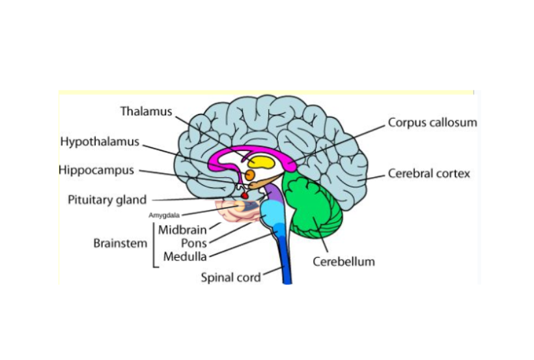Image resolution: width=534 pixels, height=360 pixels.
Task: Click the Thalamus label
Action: [146, 111]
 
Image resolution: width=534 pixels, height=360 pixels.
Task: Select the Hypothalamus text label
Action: [100, 141]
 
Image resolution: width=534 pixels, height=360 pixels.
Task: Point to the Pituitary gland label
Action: [107, 200]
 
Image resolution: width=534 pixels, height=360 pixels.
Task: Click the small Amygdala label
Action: [164, 215]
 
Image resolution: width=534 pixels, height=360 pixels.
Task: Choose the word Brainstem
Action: [120, 243]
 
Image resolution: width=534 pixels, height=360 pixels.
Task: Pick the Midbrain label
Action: [182, 230]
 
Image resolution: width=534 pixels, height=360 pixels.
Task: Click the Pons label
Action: [193, 243]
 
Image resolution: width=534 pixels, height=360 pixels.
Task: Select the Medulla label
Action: [185, 256]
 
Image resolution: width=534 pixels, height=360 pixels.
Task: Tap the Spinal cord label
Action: [231, 277]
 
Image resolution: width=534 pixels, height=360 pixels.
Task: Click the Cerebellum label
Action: [344, 262]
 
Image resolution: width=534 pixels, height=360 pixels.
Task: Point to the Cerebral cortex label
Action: [429, 174]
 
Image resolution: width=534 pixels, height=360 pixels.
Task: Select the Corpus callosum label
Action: [432, 122]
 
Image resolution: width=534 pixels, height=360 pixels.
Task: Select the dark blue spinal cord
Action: [285, 260]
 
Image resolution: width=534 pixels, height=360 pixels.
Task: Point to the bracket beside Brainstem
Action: [154, 245]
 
